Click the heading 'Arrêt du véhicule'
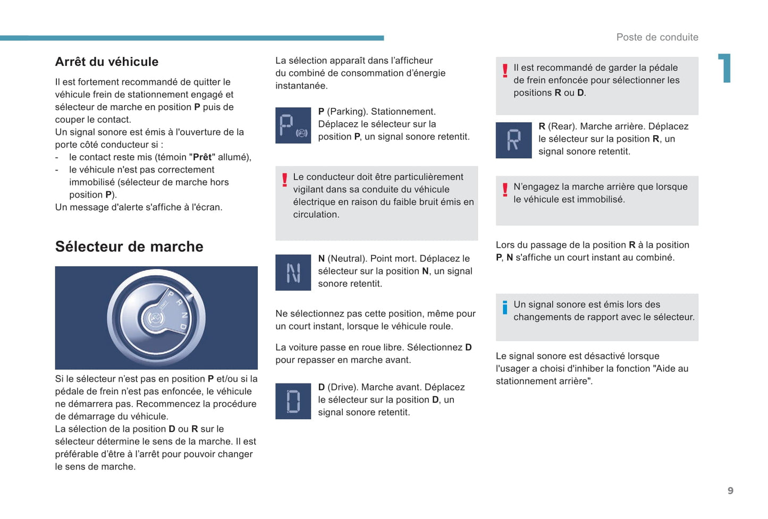107,62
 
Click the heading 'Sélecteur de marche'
129,246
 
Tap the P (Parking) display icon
293,125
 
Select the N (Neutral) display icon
293,273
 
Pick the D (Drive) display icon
293,401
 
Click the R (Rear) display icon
513,140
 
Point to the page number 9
730,491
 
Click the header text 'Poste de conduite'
657,37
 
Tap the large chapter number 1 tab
725,68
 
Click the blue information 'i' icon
505,307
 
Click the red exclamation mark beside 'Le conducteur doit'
285,180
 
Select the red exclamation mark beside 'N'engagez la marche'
505,190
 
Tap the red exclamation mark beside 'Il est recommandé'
505,71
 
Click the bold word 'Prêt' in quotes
202,157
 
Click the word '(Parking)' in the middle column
347,112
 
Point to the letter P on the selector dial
171,294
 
